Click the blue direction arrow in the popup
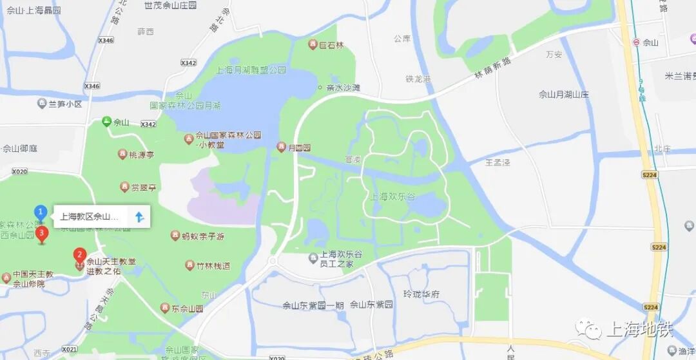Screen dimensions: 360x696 pos(139,216)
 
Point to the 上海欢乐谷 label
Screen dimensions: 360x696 pos(394,196)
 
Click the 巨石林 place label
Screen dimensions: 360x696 pos(332,44)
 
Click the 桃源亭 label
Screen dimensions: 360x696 pos(141,155)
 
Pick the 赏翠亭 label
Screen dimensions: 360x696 pos(144,187)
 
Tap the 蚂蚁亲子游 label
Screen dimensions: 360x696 pos(202,236)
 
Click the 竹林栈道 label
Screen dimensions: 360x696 pos(213,265)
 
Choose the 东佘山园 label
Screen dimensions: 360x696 pos(188,308)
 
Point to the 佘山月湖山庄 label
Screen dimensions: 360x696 pos(564,95)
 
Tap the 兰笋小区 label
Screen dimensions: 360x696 pos(65,104)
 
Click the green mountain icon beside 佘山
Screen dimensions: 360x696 pos(107,121)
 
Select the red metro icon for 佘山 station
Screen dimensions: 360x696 pos(637,43)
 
